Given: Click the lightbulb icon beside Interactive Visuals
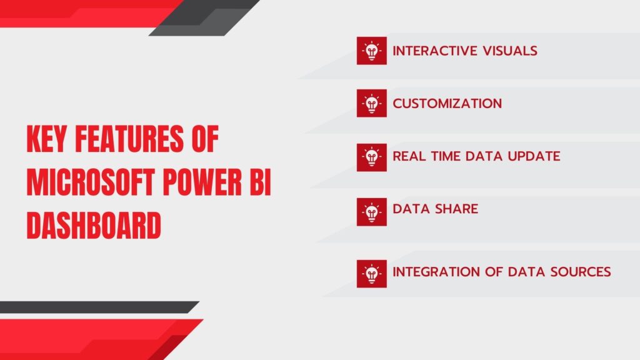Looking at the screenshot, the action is (x=371, y=51).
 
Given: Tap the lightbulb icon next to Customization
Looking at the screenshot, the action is (x=371, y=103).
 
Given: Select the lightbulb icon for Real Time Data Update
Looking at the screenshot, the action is (x=371, y=157).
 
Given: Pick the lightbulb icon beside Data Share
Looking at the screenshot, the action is (x=371, y=212).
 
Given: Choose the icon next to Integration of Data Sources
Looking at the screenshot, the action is (x=371, y=274).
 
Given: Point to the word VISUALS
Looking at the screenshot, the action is (x=510, y=51).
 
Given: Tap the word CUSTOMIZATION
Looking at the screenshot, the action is (x=447, y=104).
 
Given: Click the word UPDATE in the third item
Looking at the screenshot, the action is (x=534, y=156).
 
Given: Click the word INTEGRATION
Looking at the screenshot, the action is (x=436, y=272).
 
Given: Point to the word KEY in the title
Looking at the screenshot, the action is (x=46, y=139).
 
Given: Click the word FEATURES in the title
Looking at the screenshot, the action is (x=129, y=139).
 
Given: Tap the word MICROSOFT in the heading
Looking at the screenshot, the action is (x=91, y=182).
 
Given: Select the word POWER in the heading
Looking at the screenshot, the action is (x=202, y=182).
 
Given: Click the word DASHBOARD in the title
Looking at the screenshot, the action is (x=94, y=225).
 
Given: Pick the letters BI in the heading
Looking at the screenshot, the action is (x=261, y=182).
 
